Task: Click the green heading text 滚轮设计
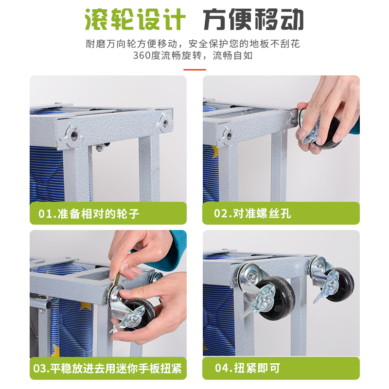[x=135, y=19]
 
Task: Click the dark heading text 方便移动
[x=253, y=19]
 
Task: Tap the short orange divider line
[x=195, y=70]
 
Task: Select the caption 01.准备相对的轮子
[x=88, y=213]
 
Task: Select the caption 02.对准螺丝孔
[x=252, y=213]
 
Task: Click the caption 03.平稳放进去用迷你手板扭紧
[x=107, y=369]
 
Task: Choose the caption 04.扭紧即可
[x=248, y=368]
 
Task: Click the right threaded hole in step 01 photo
[x=165, y=122]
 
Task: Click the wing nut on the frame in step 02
[x=228, y=136]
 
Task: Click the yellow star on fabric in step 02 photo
[x=215, y=152]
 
